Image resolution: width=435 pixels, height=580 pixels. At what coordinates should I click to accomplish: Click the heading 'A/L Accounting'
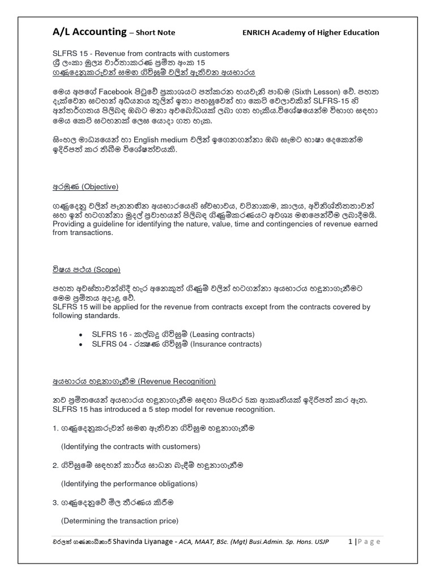88,32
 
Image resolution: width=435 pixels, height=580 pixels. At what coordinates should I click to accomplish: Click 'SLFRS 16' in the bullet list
109,334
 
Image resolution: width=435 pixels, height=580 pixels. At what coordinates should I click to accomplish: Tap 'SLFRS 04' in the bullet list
109,344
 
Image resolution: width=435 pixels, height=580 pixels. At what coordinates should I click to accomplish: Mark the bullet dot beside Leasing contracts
82,335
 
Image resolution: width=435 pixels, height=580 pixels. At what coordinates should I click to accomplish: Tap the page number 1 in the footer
352,541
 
